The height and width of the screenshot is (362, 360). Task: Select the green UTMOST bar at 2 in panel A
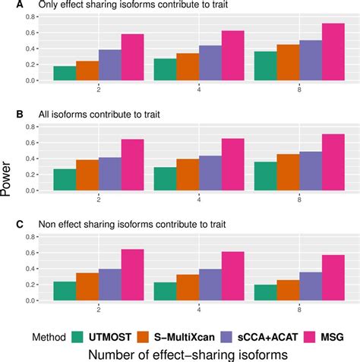[65, 74]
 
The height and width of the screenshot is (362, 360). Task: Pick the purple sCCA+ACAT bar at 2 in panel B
[110, 174]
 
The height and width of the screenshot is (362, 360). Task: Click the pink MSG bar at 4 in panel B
[232, 165]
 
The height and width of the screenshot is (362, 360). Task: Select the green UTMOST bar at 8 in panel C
[266, 292]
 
